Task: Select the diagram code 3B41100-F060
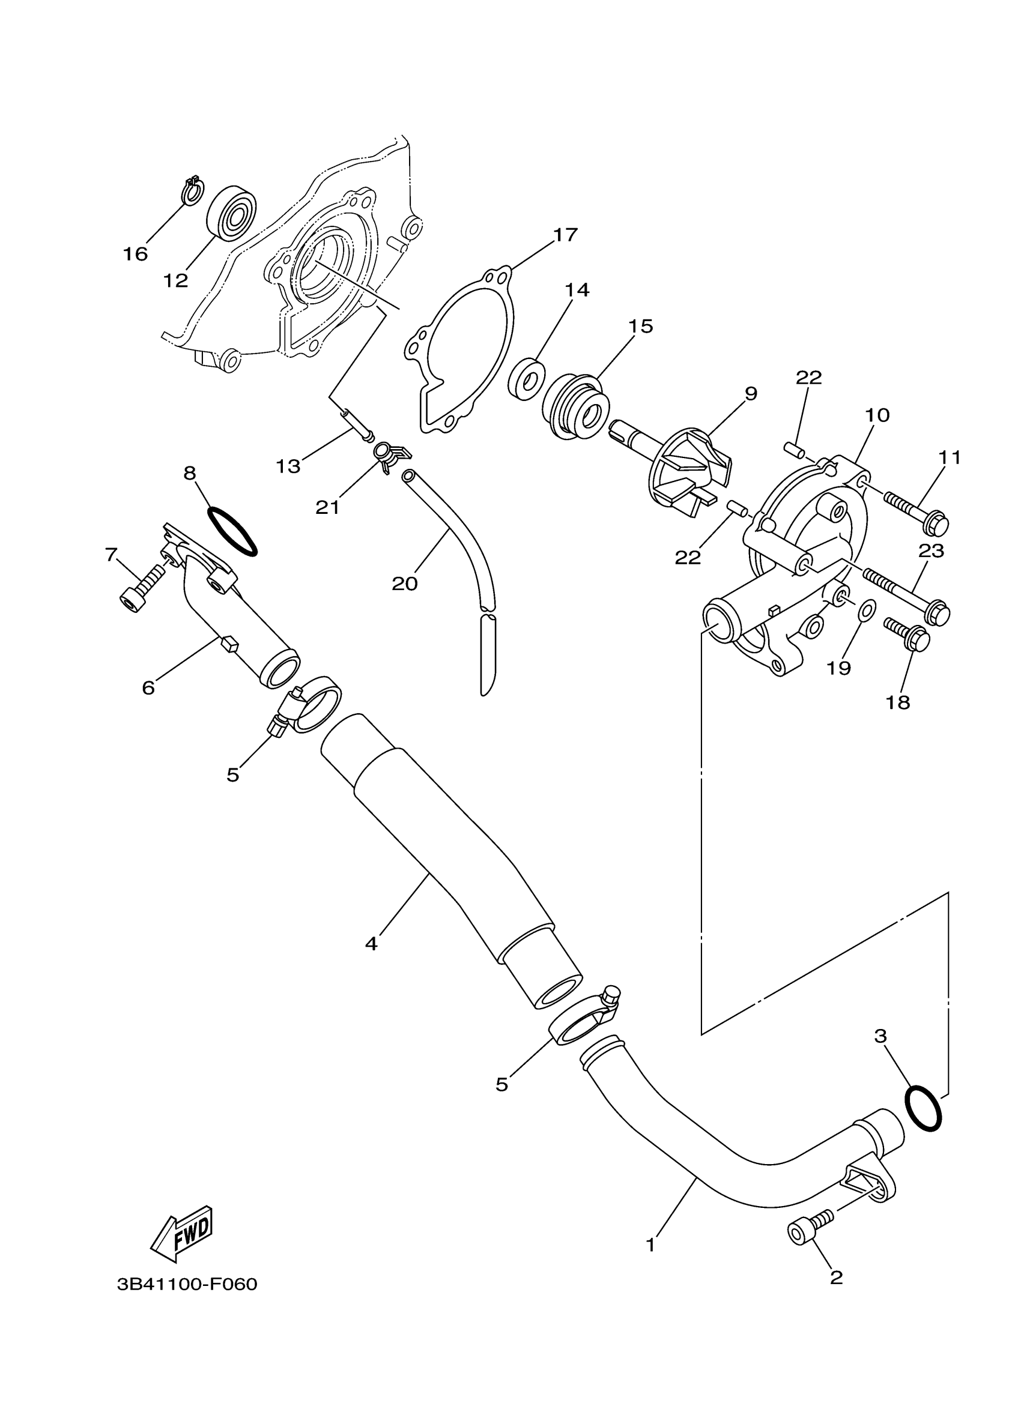point(187,1285)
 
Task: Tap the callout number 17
point(565,235)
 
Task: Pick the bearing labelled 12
point(231,211)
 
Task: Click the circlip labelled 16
point(192,191)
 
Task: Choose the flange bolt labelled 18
point(907,632)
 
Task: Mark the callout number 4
point(371,944)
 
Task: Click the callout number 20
point(405,584)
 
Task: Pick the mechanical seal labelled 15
point(575,405)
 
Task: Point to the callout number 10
point(877,415)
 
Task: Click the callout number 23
point(931,551)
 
